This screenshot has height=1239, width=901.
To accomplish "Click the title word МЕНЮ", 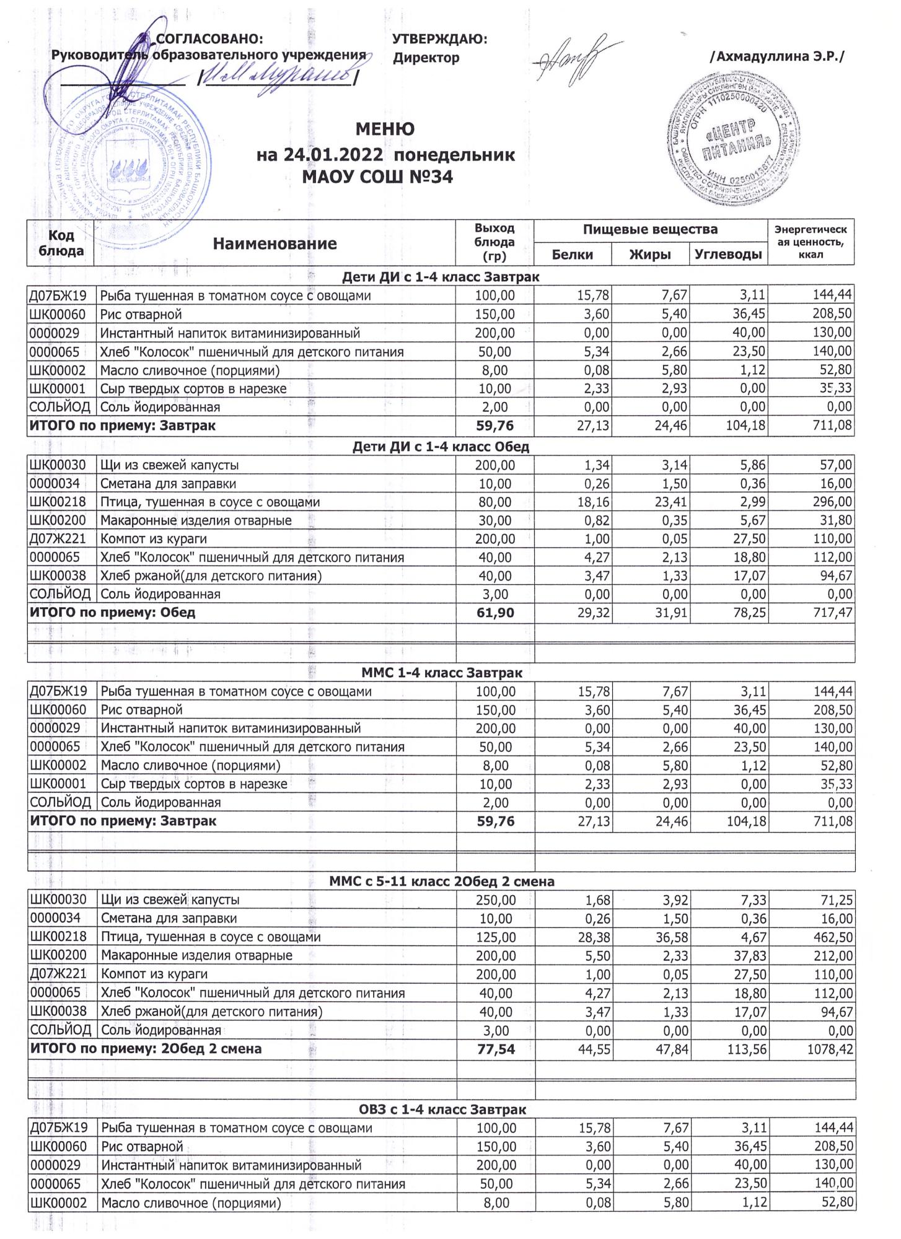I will [x=385, y=129].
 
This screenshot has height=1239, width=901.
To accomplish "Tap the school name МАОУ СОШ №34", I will [x=377, y=178].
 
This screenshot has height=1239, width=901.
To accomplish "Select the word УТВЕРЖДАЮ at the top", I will [x=440, y=39].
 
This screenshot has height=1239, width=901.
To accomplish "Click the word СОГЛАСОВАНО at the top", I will [x=211, y=39].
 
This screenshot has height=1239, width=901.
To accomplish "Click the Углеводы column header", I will [x=727, y=254].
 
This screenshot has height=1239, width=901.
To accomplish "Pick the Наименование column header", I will [x=275, y=243].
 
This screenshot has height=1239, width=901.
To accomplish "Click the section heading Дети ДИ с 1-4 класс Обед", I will [x=441, y=446].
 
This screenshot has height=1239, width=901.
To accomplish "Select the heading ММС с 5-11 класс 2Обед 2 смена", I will [x=441, y=881].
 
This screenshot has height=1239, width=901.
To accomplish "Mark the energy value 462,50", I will [x=833, y=937].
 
